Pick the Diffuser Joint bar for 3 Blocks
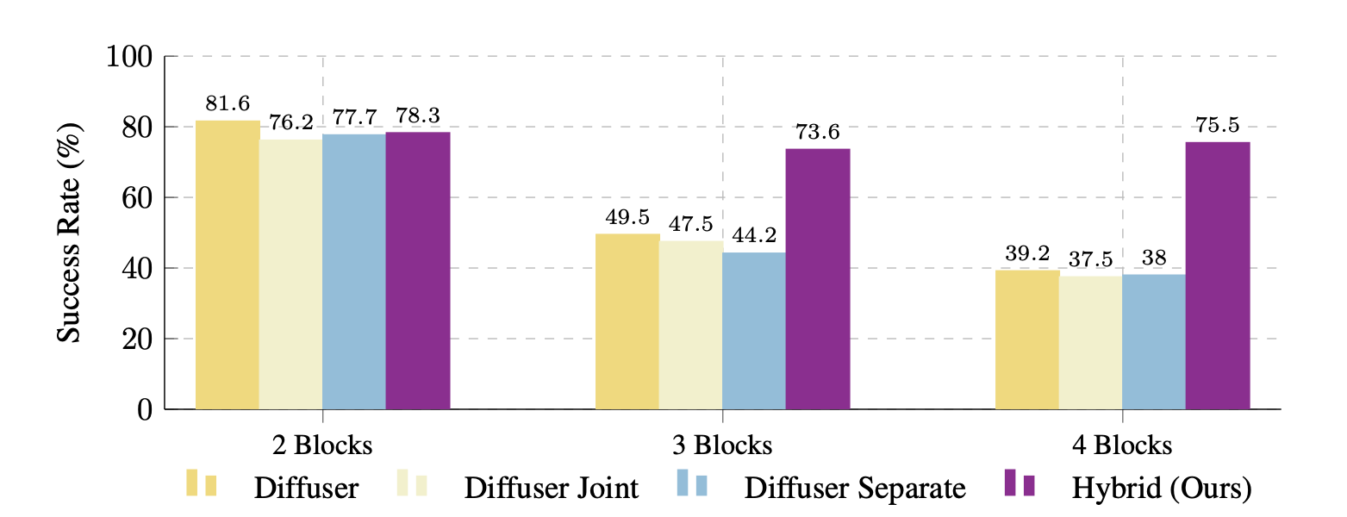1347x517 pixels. tap(691, 325)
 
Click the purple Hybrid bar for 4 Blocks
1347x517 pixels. tap(1218, 275)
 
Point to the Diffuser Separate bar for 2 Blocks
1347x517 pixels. tap(354, 271)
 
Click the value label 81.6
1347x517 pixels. tap(228, 104)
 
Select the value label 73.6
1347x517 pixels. tap(818, 133)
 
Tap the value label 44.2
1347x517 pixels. tap(754, 236)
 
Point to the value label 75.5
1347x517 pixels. tap(1218, 126)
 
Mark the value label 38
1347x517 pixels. tap(1154, 258)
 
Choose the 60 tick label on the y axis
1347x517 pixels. tap(137, 198)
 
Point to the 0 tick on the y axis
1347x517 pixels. tap(145, 410)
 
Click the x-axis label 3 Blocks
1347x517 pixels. tap(721, 445)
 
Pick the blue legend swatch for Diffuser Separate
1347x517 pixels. tap(691, 483)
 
